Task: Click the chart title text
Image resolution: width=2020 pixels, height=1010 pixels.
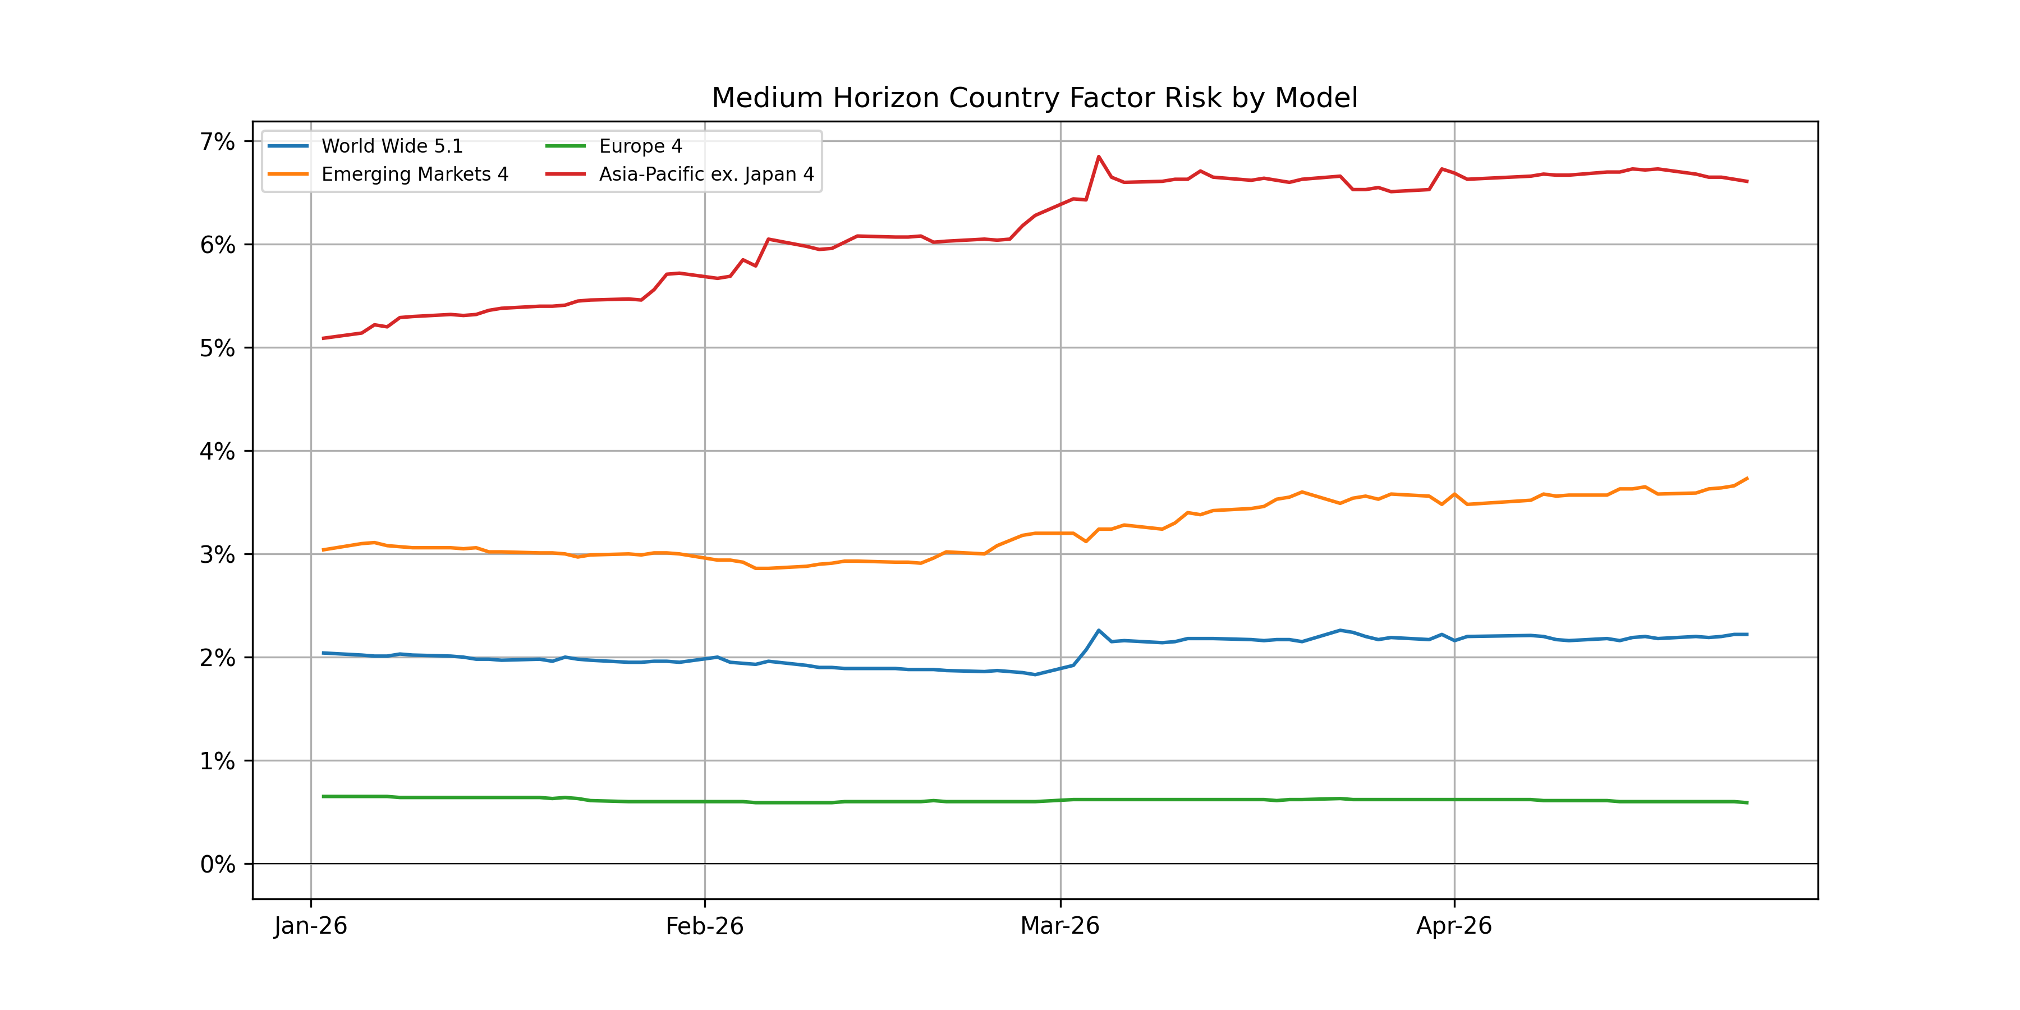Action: coord(1034,98)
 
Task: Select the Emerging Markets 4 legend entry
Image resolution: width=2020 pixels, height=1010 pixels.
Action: coord(414,174)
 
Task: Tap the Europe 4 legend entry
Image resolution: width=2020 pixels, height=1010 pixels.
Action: coord(640,146)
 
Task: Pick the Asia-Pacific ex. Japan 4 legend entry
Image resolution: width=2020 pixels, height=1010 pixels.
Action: coord(706,174)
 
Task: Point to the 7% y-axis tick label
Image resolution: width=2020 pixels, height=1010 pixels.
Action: coord(217,142)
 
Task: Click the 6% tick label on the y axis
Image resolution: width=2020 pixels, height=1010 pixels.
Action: coord(217,245)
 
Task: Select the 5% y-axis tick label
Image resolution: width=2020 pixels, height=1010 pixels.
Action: coord(217,348)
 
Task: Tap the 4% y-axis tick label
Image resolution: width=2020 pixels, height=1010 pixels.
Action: coord(217,452)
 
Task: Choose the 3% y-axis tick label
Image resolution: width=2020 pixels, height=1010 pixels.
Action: coord(217,555)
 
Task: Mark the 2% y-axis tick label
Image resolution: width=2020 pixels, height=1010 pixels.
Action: coord(217,658)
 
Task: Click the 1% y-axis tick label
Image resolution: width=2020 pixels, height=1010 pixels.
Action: coord(217,761)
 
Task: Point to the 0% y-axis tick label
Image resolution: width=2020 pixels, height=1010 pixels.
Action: coord(217,864)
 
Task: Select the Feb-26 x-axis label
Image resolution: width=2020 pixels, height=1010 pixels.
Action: coord(704,926)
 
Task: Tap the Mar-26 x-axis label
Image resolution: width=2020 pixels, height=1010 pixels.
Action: coord(1059,926)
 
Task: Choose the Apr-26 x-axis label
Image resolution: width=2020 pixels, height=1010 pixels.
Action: coord(1454,926)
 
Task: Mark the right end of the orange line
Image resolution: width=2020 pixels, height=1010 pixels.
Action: coord(1747,478)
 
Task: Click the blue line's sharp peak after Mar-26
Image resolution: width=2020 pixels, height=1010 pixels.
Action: coord(1099,631)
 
